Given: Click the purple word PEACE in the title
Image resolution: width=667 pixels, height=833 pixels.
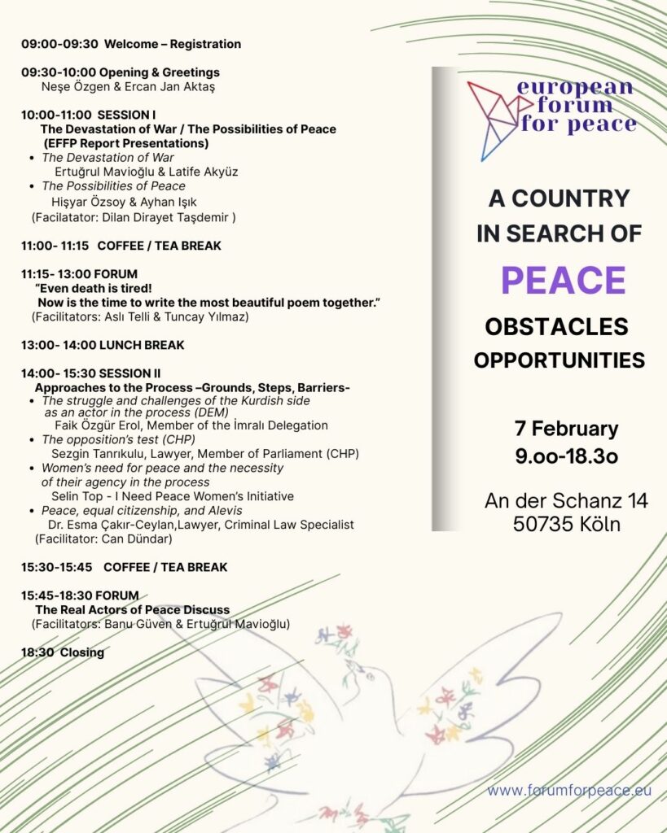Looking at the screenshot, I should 563,280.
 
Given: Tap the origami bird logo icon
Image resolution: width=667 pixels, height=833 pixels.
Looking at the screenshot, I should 492,119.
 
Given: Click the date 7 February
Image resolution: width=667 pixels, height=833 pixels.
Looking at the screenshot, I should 566,429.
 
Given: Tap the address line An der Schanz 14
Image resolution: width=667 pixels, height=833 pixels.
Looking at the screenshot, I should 566,500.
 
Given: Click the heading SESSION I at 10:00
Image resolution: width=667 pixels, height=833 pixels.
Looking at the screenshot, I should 126,115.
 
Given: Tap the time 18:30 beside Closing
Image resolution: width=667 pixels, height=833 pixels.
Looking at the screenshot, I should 37,652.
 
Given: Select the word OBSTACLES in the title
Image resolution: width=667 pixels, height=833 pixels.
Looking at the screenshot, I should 557,327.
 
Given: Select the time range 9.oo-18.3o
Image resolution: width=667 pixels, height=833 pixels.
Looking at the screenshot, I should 566,456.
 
